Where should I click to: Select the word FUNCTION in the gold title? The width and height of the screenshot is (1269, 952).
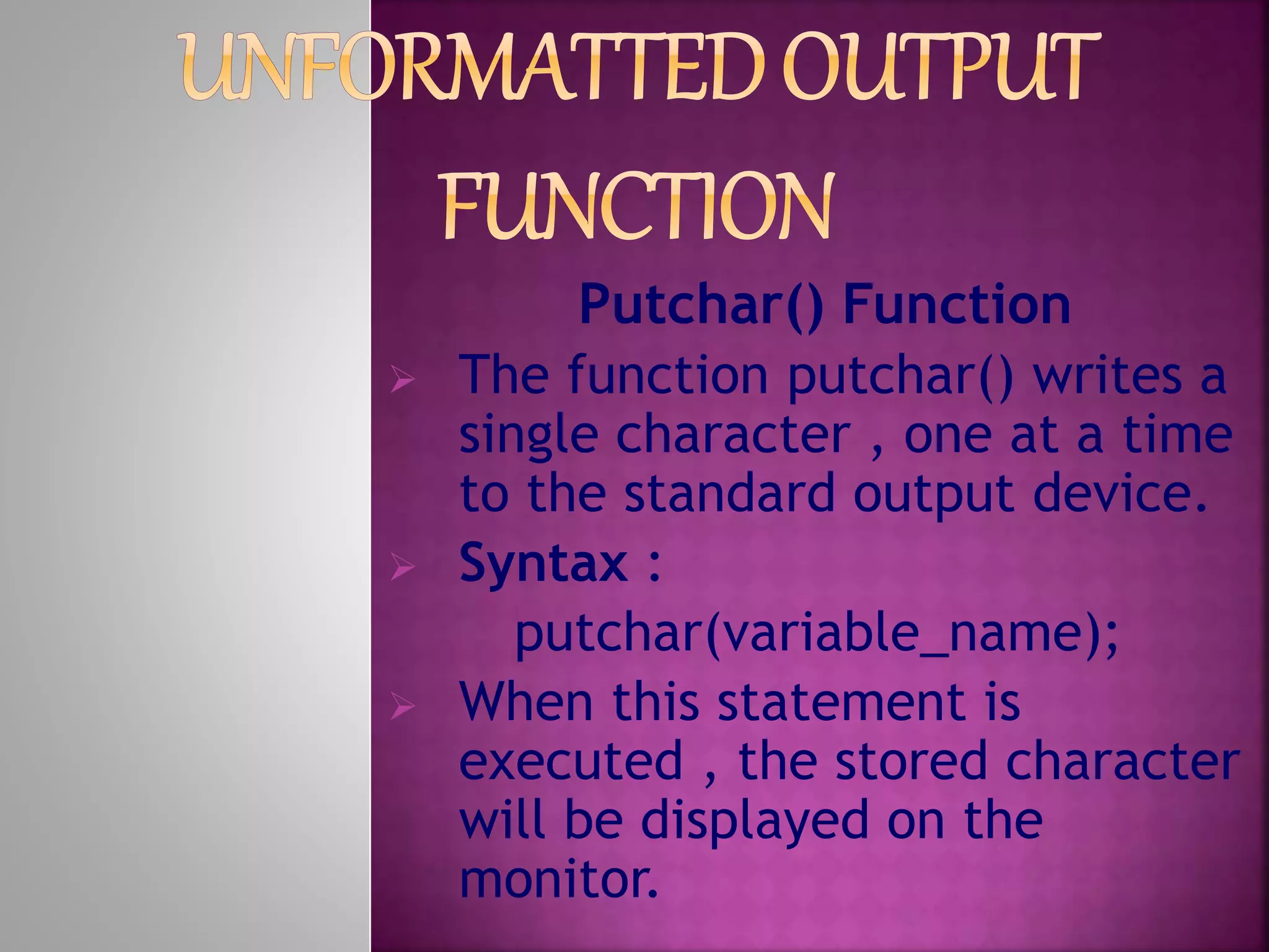point(638,208)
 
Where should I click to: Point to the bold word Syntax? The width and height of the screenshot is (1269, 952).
point(543,563)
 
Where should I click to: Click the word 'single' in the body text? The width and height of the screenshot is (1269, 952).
point(529,436)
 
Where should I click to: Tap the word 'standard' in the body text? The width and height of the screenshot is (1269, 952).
point(729,494)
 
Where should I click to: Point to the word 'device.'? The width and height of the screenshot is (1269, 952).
point(1120,494)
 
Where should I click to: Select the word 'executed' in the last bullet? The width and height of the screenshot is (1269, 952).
point(571,761)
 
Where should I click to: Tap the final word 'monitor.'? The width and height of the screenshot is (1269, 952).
point(558,878)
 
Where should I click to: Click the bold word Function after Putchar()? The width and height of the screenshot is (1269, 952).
point(957,305)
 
